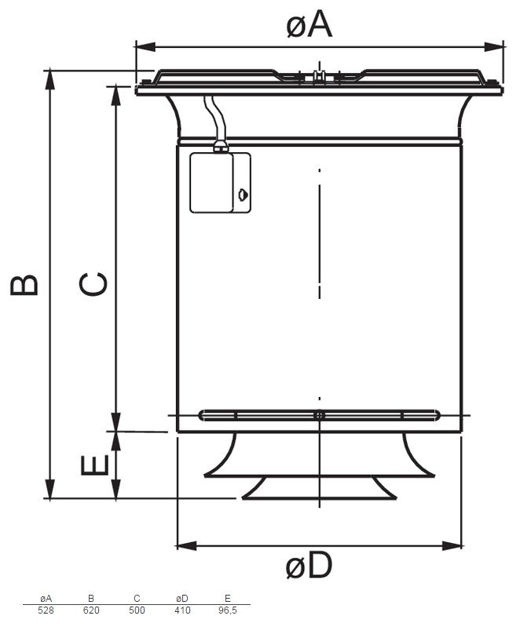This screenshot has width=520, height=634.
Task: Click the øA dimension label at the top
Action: [309, 24]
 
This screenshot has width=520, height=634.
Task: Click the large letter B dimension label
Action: [24, 286]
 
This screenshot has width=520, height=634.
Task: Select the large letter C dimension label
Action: [93, 284]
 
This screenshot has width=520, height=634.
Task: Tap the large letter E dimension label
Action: [95, 465]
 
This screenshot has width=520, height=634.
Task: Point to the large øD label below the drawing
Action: [309, 565]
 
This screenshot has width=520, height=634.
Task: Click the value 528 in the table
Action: [46, 610]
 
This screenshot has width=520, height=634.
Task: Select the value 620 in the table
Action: [91, 610]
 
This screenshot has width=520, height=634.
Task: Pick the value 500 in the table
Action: [137, 610]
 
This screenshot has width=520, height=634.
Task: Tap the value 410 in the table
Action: [182, 610]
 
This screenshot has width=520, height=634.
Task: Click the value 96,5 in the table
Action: [228, 610]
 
